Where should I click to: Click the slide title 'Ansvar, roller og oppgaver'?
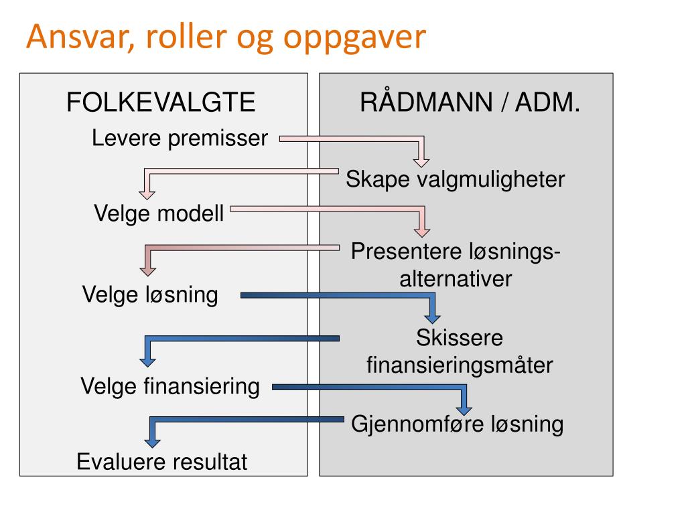pyautogui.click(x=226, y=38)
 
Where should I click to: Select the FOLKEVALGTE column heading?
pyautogui.click(x=161, y=103)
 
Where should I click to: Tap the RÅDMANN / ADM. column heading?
pyautogui.click(x=470, y=103)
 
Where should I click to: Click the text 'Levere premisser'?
pyautogui.click(x=180, y=139)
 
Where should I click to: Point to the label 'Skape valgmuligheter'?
pyautogui.click(x=456, y=179)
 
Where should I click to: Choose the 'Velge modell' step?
pyautogui.click(x=159, y=214)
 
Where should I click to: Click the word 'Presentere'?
pyautogui.click(x=403, y=252)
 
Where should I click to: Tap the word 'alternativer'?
pyautogui.click(x=456, y=278)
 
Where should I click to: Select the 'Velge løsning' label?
pyautogui.click(x=150, y=294)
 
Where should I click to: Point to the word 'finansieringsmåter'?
pyautogui.click(x=459, y=365)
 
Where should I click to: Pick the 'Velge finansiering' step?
pyautogui.click(x=170, y=386)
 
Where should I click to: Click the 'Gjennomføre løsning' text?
pyautogui.click(x=458, y=424)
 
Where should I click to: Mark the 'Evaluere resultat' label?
pyautogui.click(x=162, y=462)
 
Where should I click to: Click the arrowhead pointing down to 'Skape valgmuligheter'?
pyautogui.click(x=421, y=161)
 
